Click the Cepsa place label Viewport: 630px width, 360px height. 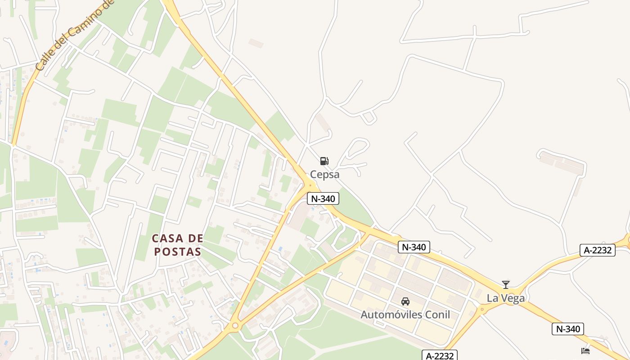pyautogui.click(x=324, y=174)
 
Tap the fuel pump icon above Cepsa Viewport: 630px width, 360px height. pyautogui.click(x=324, y=161)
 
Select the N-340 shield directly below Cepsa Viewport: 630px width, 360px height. pyautogui.click(x=323, y=198)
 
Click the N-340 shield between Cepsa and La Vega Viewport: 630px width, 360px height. pyautogui.click(x=414, y=247)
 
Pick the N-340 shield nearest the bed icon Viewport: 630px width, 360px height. pyautogui.click(x=568, y=329)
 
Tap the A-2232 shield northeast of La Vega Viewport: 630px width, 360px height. pyautogui.click(x=598, y=250)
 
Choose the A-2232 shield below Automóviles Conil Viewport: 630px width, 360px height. pyautogui.click(x=440, y=355)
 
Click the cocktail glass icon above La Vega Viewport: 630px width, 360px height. pyautogui.click(x=506, y=285)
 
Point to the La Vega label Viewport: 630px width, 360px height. pyautogui.click(x=506, y=298)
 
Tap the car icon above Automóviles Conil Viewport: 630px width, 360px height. pyautogui.click(x=405, y=301)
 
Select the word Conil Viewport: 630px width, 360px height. pyautogui.click(x=436, y=314)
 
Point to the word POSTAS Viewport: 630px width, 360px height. pyautogui.click(x=177, y=252)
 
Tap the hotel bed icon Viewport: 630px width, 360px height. pyautogui.click(x=585, y=351)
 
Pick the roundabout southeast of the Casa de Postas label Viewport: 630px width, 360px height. pyautogui.click(x=234, y=325)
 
